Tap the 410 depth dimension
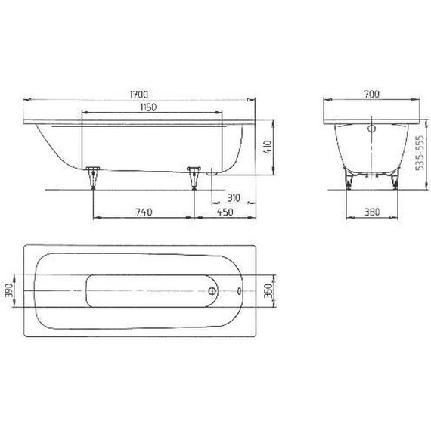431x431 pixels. click(266, 147)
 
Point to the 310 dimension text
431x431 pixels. click(233, 198)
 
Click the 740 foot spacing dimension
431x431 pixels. click(142, 212)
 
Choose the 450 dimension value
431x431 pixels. click(224, 212)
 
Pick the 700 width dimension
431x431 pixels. click(370, 95)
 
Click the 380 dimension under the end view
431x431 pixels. click(370, 212)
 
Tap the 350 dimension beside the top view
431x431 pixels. click(265, 291)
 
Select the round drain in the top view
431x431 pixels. click(212, 291)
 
